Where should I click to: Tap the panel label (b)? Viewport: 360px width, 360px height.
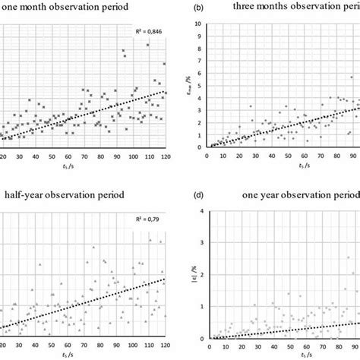(198, 8)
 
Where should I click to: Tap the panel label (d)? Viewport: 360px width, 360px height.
(198, 194)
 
